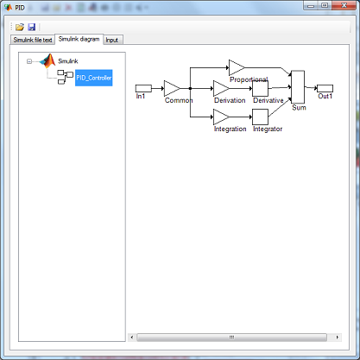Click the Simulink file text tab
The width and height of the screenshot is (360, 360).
pyautogui.click(x=33, y=40)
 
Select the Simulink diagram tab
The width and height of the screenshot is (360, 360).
pyautogui.click(x=79, y=39)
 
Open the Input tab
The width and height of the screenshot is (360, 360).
pyautogui.click(x=112, y=40)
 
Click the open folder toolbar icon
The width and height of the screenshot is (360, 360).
pyautogui.click(x=20, y=27)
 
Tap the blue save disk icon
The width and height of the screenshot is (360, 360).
pyautogui.click(x=31, y=27)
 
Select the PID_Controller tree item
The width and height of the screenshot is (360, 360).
pyautogui.click(x=94, y=78)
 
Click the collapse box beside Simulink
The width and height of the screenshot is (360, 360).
pyautogui.click(x=29, y=61)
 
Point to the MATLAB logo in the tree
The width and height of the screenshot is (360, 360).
pyautogui.click(x=47, y=60)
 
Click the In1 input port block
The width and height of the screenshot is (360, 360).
pyautogui.click(x=143, y=88)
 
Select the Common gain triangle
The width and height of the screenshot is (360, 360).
pyautogui.click(x=171, y=88)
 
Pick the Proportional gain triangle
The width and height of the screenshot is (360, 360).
pyautogui.click(x=236, y=68)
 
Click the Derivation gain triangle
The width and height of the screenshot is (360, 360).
pyautogui.click(x=220, y=88)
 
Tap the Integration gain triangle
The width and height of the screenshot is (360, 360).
pyautogui.click(x=220, y=117)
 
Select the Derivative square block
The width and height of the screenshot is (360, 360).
pyautogui.click(x=260, y=88)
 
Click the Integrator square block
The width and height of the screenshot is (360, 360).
pyautogui.click(x=260, y=117)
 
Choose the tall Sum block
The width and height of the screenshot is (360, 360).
pyautogui.click(x=298, y=87)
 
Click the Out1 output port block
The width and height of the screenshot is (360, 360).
pyautogui.click(x=325, y=88)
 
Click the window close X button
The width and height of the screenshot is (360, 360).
pyautogui.click(x=344, y=5)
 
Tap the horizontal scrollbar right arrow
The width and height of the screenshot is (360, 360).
pyautogui.click(x=338, y=337)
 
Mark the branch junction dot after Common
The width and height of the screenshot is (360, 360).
pyautogui.click(x=190, y=88)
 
